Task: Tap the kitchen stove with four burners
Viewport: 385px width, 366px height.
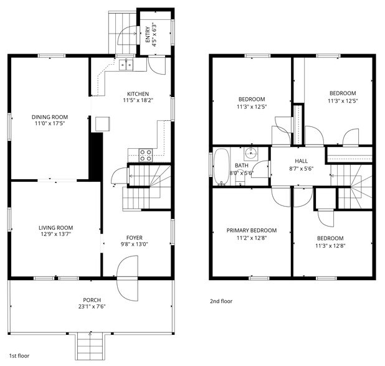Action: point(146,155)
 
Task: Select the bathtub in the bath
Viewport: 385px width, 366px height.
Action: point(221,166)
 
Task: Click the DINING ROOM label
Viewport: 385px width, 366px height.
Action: point(50,117)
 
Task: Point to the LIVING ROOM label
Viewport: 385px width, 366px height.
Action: point(55,228)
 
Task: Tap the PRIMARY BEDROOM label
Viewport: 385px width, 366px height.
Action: point(251,230)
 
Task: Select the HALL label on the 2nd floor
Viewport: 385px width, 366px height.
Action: point(301,160)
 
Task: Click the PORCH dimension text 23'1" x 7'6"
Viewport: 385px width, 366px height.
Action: point(92,307)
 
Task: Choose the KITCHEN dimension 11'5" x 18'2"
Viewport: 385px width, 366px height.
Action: point(138,100)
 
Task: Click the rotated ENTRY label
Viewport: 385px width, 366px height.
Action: point(148,32)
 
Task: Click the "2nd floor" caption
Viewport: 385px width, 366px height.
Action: point(221,301)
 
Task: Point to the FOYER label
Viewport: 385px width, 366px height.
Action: point(135,237)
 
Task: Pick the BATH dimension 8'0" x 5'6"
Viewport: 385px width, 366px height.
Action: point(242,174)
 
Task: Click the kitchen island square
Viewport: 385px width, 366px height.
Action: point(100,123)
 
